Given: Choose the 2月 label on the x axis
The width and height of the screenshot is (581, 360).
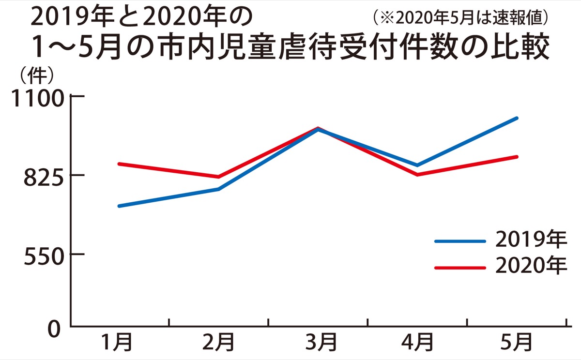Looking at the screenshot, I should pos(218,343).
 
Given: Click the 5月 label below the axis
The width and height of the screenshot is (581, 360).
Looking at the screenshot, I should pos(517,343).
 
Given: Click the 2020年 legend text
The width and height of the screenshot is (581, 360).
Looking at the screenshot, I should pos(531,266).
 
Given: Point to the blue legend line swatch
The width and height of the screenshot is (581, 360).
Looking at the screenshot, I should pos(460,240).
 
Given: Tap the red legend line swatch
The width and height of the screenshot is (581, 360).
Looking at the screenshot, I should pos(460,268).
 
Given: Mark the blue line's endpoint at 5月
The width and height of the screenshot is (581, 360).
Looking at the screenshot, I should pos(517,118).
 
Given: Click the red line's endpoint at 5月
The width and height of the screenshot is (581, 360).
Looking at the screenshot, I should pos(517,157).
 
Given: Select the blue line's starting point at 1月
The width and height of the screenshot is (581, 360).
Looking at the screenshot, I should pos(119,206).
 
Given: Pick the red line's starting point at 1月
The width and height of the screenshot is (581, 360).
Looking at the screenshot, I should pos(119,164).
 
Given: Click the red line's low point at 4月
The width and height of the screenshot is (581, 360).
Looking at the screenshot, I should pos(417,175).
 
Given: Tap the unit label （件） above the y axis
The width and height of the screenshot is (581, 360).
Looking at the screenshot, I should pos(37,76).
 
